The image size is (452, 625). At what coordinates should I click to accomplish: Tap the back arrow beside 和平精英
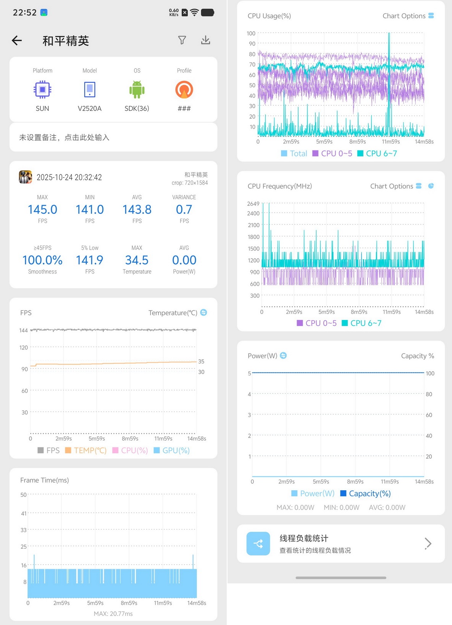[x=17, y=40]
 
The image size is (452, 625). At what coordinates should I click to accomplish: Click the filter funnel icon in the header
[x=182, y=40]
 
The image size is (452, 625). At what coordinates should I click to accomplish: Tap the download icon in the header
[x=206, y=40]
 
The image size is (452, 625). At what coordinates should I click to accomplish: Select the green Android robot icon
[x=137, y=90]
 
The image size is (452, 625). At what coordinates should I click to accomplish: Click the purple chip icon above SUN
[x=42, y=89]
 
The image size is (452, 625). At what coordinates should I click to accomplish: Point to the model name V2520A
[x=90, y=108]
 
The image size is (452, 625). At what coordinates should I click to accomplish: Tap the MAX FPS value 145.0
[x=42, y=210]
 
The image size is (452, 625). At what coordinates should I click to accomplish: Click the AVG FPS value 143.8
[x=137, y=210]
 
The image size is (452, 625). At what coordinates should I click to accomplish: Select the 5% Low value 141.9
[x=90, y=260]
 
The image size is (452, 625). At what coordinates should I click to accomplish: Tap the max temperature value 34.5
[x=137, y=260]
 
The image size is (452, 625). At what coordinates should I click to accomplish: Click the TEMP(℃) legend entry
[x=86, y=451]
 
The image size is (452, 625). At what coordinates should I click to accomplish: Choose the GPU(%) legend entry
[x=171, y=451]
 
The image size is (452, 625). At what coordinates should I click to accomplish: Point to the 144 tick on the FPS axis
[x=23, y=330]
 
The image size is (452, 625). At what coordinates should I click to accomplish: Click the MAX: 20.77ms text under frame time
[x=113, y=614]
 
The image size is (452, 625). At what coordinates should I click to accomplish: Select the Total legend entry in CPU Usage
[x=294, y=153]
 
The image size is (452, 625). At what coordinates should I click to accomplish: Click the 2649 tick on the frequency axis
[x=253, y=203]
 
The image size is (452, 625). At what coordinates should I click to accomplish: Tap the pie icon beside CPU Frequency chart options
[x=431, y=186]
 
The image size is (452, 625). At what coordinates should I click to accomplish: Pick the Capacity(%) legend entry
[x=365, y=493]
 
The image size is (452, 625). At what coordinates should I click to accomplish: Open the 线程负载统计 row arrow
[x=428, y=543]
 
